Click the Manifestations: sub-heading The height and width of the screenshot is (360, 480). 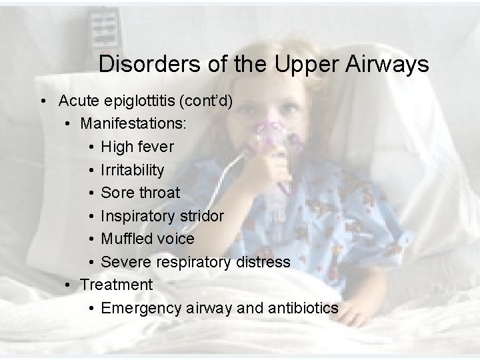point(133,123)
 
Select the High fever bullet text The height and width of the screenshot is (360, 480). point(137,147)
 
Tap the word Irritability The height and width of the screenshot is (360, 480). point(132,170)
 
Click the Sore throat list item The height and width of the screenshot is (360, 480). point(140,193)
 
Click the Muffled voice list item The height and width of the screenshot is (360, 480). point(147,239)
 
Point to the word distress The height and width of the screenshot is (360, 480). point(263,262)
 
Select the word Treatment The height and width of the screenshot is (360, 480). point(116,285)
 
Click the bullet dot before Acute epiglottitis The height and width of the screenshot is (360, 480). point(43,101)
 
